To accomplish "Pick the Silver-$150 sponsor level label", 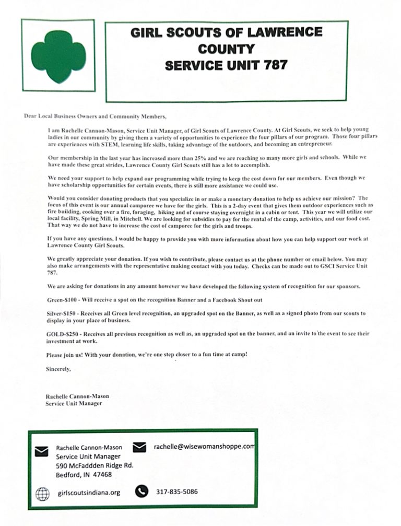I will click(x=63, y=313).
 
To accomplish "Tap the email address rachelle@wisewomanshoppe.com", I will click(x=204, y=447).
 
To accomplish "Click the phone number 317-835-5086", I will click(x=176, y=492).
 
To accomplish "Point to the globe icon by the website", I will click(x=42, y=493).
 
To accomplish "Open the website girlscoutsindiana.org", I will click(x=89, y=493).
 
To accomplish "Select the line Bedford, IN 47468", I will click(x=84, y=475).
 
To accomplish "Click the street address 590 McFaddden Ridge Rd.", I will click(x=95, y=465).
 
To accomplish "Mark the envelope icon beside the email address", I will click(x=139, y=447).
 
